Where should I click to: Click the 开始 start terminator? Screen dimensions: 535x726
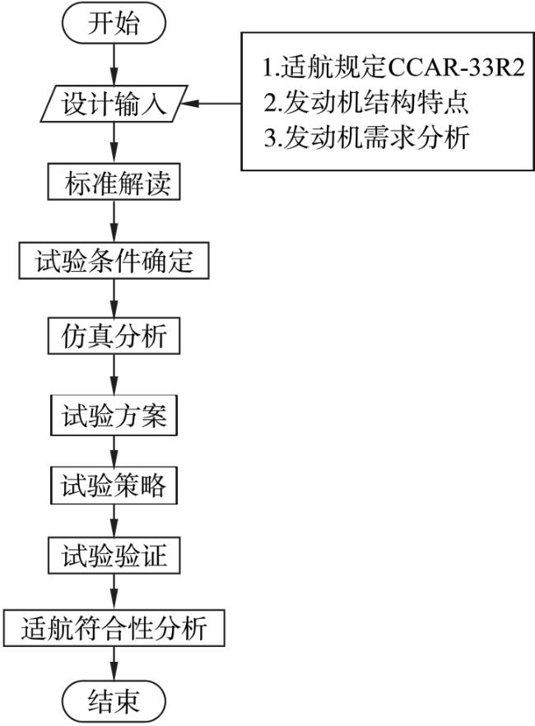pos(114,23)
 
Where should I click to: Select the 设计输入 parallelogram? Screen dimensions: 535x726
pos(114,104)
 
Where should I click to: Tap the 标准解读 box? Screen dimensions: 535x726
pos(114,183)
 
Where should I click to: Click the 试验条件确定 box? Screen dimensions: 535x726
pos(114,261)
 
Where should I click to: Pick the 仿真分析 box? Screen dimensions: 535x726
pos(114,336)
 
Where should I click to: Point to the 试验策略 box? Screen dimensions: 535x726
pos(114,486)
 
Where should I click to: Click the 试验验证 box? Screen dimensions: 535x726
pos(114,556)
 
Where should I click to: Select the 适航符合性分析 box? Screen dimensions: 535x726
pos(114,628)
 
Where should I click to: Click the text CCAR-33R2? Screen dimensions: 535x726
pos(456,67)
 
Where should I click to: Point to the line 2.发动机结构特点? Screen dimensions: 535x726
pos(366,103)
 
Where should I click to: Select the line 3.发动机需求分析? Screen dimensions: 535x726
pos(366,137)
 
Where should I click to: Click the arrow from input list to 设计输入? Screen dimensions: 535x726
pos(211,103)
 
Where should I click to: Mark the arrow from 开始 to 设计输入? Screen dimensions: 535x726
pos(114,64)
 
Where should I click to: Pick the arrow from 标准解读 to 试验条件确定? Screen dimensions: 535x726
pos(114,221)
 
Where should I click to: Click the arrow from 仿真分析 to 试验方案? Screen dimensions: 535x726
pos(114,375)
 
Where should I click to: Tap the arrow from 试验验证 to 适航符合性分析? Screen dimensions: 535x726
pos(114,592)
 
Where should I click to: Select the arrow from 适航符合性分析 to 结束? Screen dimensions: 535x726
pos(114,664)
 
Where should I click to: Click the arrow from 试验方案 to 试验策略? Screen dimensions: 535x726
pos(114,451)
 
